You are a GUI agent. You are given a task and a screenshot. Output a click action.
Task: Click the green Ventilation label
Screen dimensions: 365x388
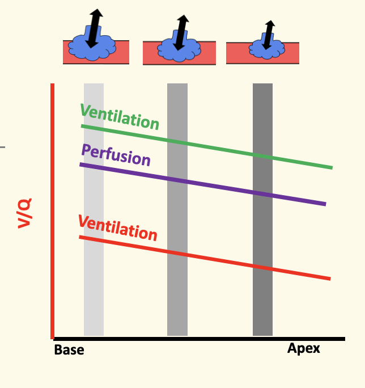pyautogui.click(x=120, y=116)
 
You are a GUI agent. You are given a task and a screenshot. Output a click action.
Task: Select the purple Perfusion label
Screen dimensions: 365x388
pyautogui.click(x=116, y=155)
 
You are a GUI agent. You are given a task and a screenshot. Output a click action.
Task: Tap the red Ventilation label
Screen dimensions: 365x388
pyautogui.click(x=117, y=227)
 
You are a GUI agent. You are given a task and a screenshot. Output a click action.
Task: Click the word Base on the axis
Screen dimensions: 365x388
pyautogui.click(x=69, y=350)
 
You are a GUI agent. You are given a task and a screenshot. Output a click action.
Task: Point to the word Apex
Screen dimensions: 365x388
pyautogui.click(x=304, y=348)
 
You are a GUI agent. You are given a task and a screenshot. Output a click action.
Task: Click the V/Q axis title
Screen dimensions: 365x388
pyautogui.click(x=24, y=213)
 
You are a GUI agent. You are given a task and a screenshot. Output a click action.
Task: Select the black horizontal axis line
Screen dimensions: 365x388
pyautogui.click(x=198, y=339)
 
